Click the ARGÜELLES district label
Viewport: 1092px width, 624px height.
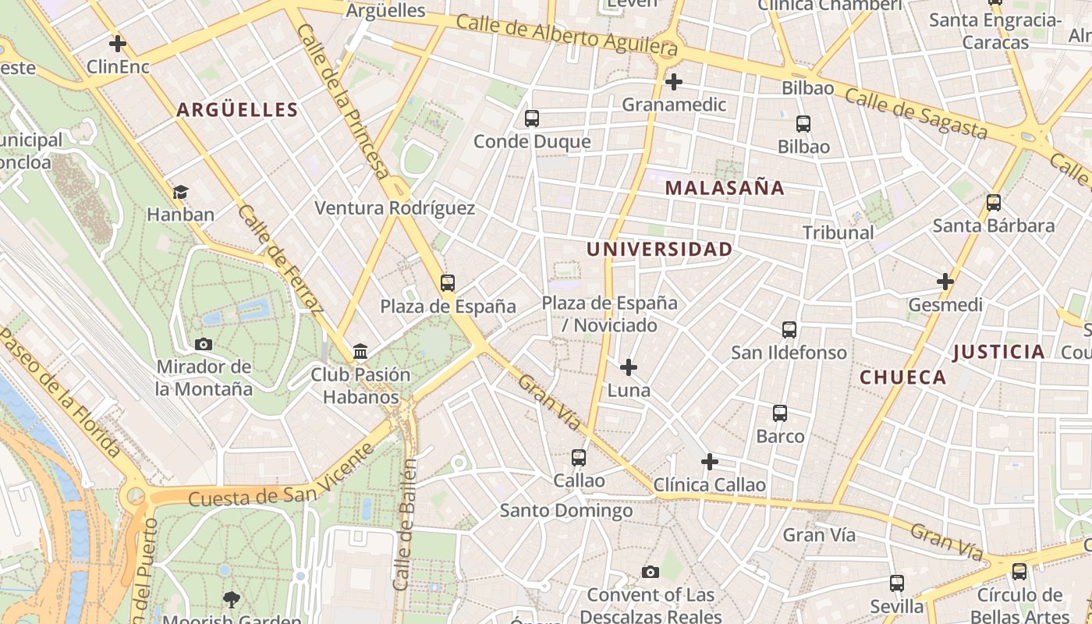tap(238, 110)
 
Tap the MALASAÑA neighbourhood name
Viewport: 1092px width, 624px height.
tap(725, 188)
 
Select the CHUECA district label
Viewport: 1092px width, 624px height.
tap(902, 378)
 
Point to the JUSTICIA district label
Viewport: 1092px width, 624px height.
tap(998, 352)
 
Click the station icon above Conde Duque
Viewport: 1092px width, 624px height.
tap(532, 119)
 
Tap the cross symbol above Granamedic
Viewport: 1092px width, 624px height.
tap(674, 81)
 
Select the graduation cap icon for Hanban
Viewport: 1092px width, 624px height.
tap(180, 192)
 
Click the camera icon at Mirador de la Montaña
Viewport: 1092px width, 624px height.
tap(204, 344)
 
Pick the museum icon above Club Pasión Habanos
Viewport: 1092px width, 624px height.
tap(360, 352)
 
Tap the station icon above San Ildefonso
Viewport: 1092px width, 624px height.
tap(789, 330)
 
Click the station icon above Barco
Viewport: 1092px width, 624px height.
tap(780, 413)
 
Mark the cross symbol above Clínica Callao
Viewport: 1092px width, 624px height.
tap(709, 462)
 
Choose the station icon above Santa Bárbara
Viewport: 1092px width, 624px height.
tap(994, 203)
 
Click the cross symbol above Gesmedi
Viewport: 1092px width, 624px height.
tap(945, 282)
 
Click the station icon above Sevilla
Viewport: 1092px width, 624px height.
tap(897, 583)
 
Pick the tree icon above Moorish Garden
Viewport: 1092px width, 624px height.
tap(231, 599)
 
